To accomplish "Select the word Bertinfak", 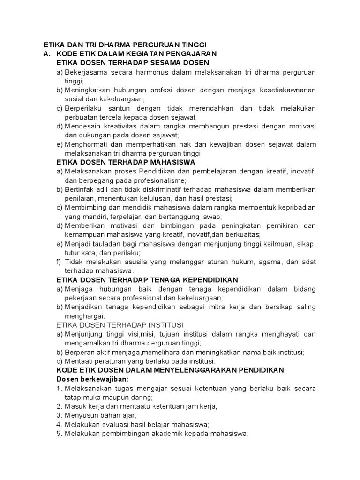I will pyautogui.click(x=81, y=189).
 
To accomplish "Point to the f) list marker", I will pyautogui.click(x=59, y=262).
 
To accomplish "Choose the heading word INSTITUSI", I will pyautogui.click(x=165, y=325).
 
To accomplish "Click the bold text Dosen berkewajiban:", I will pyautogui.click(x=92, y=379).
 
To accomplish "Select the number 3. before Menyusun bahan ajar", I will pyautogui.click(x=59, y=415).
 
